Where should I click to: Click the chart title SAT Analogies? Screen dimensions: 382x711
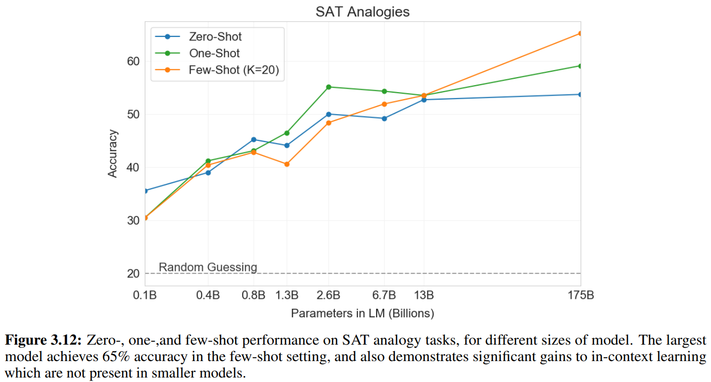362,12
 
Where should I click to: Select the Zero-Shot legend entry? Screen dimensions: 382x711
215,36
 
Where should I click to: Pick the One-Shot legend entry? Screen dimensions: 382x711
214,53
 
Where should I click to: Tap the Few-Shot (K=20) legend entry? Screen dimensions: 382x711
234,70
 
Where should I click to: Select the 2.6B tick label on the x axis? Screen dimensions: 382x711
328,295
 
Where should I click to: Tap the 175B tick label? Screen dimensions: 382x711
580,295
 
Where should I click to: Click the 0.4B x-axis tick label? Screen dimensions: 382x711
208,295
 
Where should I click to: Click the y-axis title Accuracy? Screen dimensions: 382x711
113,153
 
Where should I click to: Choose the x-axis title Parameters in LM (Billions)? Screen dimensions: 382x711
362,313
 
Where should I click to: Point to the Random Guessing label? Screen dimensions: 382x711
208,267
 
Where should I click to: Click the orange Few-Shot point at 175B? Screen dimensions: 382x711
580,33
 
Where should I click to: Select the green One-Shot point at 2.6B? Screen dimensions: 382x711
328,87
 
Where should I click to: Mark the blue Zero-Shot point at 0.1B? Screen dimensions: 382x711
145,191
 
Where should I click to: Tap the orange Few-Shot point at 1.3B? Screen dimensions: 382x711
287,164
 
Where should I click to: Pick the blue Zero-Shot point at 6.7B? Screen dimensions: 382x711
384,119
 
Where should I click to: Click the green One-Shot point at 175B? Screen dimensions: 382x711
580,66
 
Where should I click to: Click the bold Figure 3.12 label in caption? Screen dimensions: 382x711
43,341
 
